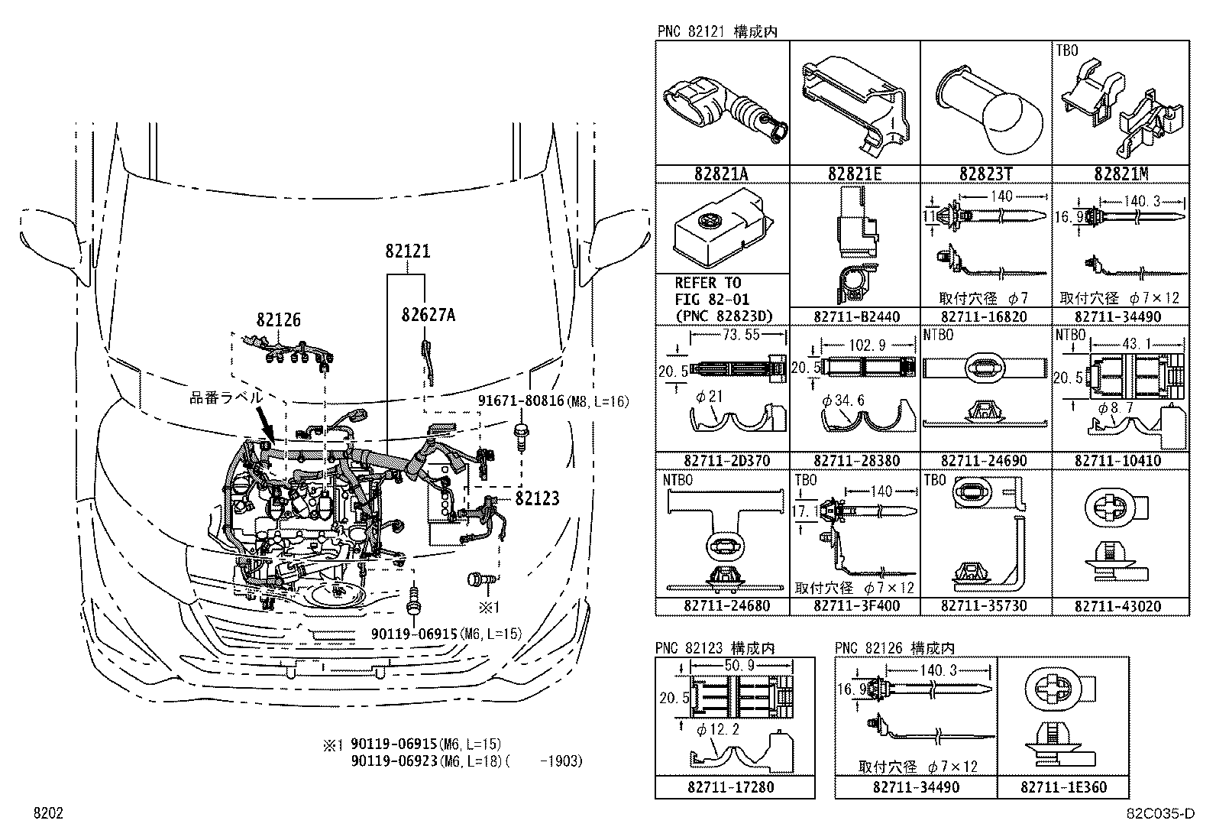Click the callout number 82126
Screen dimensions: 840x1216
coord(278,320)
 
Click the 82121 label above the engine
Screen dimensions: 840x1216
coord(407,251)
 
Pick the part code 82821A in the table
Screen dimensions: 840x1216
coord(721,174)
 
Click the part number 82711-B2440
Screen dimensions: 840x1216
coord(856,316)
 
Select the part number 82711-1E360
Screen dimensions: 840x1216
coord(1062,787)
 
